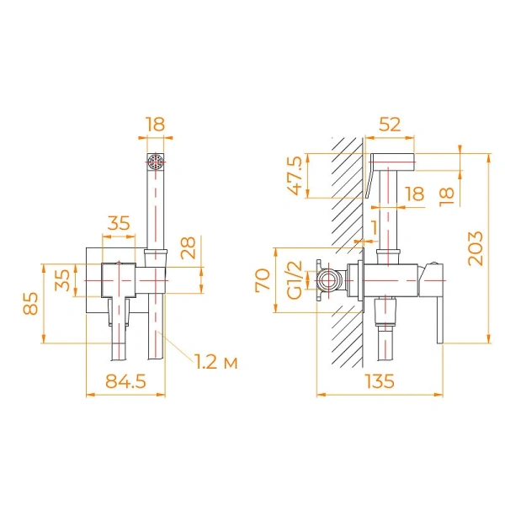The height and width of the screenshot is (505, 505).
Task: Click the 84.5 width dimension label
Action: (121, 380)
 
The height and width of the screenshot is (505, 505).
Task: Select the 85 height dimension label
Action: (30, 303)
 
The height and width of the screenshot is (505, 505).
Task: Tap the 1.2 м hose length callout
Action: (215, 362)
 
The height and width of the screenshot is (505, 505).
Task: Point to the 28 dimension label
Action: (189, 249)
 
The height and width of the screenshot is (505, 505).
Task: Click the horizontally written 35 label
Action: (119, 223)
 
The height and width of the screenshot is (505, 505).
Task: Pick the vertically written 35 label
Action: (63, 279)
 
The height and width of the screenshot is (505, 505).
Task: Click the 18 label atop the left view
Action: (155, 124)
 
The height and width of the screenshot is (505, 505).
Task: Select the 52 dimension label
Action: (389, 124)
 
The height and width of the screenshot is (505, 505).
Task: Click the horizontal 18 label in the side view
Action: (414, 194)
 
